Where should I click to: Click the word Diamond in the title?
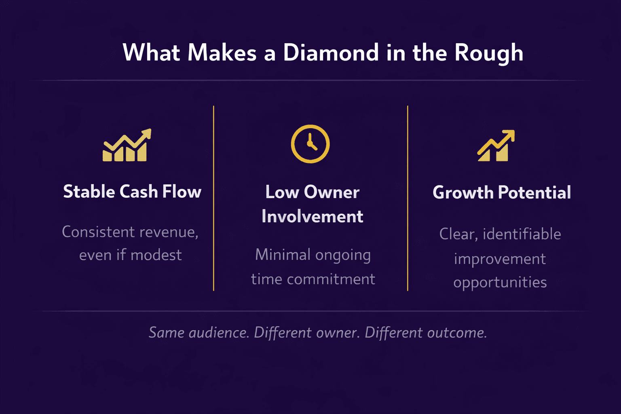pyautogui.click(x=331, y=53)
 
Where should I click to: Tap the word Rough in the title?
pyautogui.click(x=489, y=53)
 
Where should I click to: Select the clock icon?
pyautogui.click(x=310, y=144)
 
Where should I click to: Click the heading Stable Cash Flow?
pyautogui.click(x=132, y=192)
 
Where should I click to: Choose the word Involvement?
pyautogui.click(x=312, y=217)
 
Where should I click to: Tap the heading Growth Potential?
pyautogui.click(x=502, y=192)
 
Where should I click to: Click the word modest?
pyautogui.click(x=156, y=255)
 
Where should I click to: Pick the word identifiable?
pyautogui.click(x=522, y=234)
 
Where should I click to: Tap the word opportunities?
pyautogui.click(x=500, y=282)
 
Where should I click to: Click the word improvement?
pyautogui.click(x=500, y=259)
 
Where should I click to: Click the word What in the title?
pyautogui.click(x=151, y=53)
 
